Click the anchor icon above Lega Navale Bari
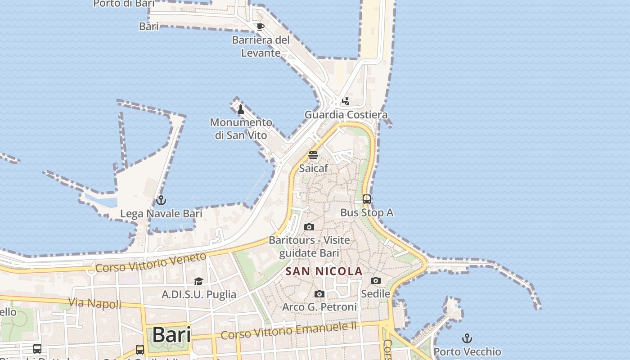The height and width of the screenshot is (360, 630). coord(161,200)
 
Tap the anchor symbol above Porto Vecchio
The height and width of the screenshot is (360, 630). coord(467,338)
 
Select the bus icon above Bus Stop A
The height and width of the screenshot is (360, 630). coord(367,199)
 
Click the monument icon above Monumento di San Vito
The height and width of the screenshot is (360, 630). coord(241,109)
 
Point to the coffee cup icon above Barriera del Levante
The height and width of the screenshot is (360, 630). coord(260,27)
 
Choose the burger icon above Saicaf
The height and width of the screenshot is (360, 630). coord(313,155)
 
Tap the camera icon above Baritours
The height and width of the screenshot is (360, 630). coord(309,227)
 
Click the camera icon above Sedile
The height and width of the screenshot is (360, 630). coord(375,281)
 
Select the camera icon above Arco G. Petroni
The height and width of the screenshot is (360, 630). coord(319,294)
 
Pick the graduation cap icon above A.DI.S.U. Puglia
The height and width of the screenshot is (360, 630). coord(198,281)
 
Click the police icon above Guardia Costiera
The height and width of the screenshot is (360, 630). coord(346,101)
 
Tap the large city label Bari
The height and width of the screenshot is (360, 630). coord(171,335)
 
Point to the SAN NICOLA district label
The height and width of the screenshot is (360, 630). coord(324,271)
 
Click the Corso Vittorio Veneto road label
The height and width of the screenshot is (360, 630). coord(151,262)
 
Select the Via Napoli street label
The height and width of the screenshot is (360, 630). coord(95,303)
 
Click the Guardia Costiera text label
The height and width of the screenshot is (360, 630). coord(346,115)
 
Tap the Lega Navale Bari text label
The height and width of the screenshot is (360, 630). coord(161,214)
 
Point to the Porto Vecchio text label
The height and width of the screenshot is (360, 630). coord(467,351)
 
